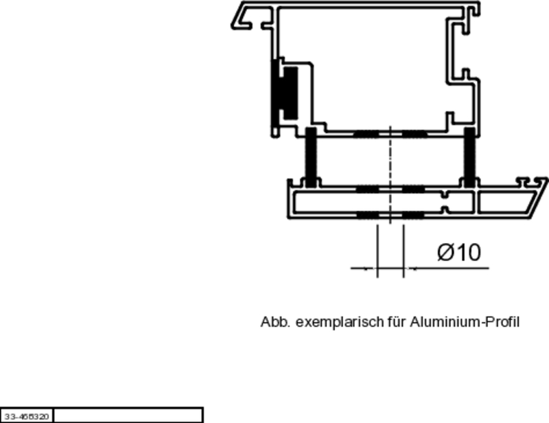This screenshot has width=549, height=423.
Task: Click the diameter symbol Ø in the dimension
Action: [x=445, y=253]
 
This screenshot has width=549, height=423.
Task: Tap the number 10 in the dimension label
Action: [x=467, y=253]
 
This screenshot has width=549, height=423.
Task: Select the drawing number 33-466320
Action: [x=26, y=416]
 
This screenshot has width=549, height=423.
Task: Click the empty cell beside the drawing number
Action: [x=128, y=415]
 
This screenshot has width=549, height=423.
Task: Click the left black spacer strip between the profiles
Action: [x=311, y=158]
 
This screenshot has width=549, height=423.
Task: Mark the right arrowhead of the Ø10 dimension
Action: [x=408, y=268]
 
